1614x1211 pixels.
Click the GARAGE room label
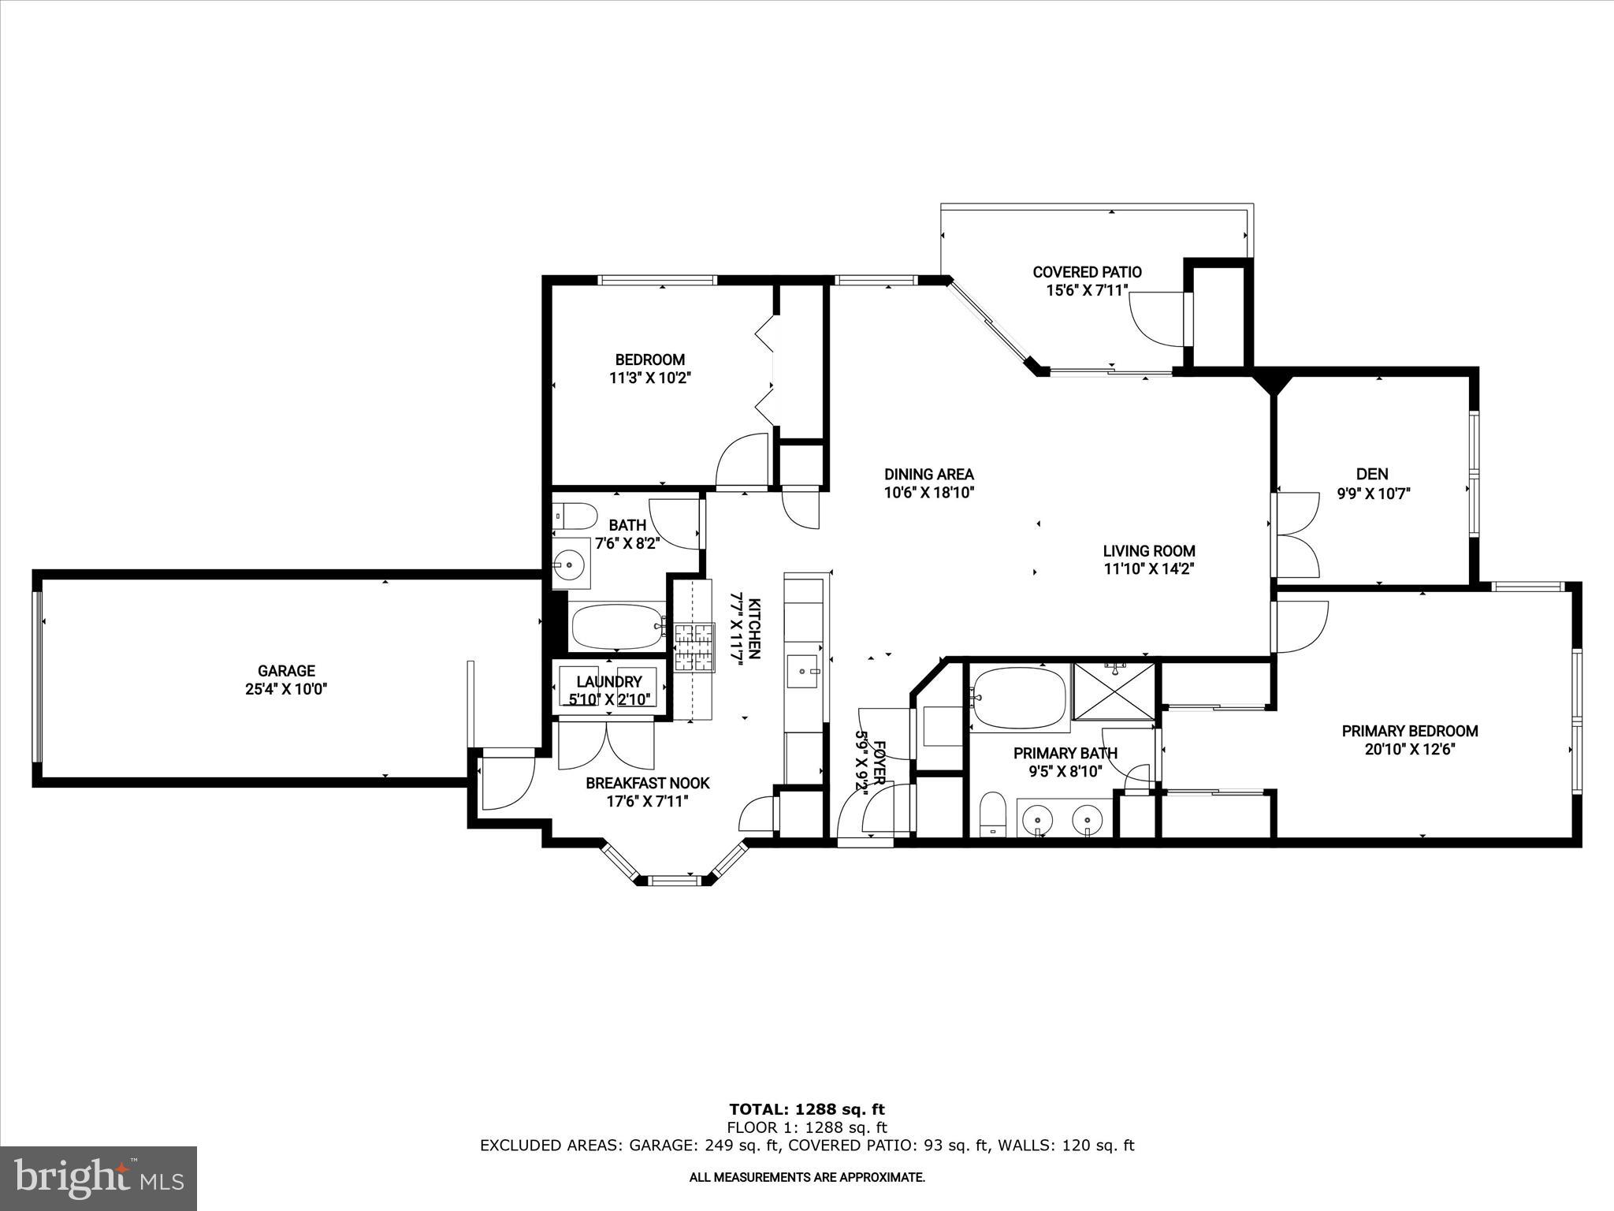tap(286, 671)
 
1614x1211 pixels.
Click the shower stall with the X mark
tap(1114, 691)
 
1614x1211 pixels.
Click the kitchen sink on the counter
tap(803, 672)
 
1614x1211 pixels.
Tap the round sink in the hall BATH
tap(568, 564)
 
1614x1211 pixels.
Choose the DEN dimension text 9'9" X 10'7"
tap(1372, 494)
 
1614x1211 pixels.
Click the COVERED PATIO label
tap(1087, 272)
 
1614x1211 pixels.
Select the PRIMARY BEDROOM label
tap(1409, 731)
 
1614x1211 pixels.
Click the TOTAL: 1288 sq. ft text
tap(807, 1110)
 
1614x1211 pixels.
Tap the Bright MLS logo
tap(99, 1178)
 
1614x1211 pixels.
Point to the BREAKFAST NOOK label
tap(647, 783)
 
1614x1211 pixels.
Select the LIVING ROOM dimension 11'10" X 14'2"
tap(1148, 569)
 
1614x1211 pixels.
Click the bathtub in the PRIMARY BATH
tap(1018, 698)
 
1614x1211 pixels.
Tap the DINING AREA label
tap(928, 475)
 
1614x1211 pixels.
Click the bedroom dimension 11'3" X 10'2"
tap(649, 378)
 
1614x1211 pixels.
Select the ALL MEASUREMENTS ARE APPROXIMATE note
tap(807, 1178)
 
